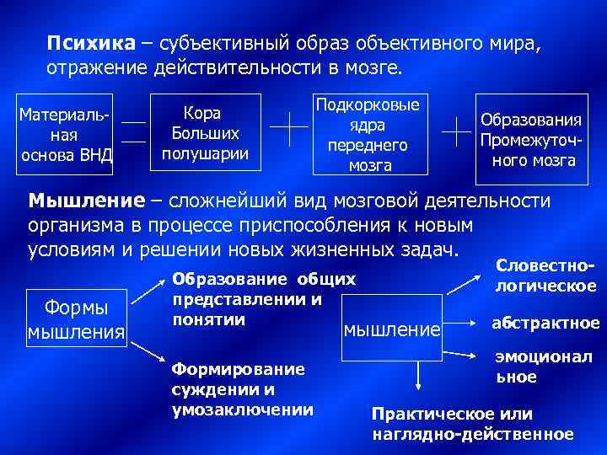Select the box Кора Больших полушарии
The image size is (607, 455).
click(205, 133)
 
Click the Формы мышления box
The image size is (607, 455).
click(77, 318)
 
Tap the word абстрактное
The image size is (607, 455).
click(545, 324)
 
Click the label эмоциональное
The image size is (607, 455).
click(543, 367)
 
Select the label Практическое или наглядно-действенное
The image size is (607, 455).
click(472, 424)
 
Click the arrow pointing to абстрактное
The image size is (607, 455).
click(462, 322)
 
